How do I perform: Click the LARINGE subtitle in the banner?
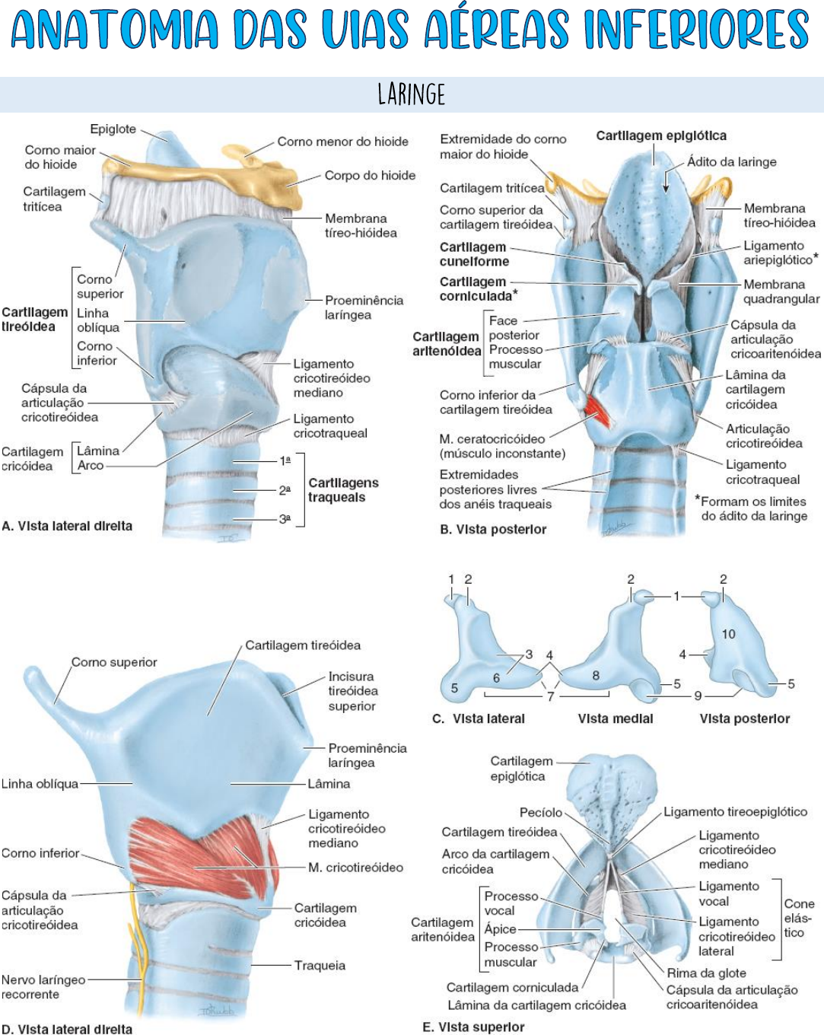pyautogui.click(x=411, y=94)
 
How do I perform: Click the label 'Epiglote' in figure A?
pyautogui.click(x=113, y=129)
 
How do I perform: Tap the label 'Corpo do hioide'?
pyautogui.click(x=370, y=175)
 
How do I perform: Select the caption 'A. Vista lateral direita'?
pyautogui.click(x=67, y=526)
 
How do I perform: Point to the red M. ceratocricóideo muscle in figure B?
pyautogui.click(x=597, y=410)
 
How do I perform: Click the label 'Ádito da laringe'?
pyautogui.click(x=731, y=161)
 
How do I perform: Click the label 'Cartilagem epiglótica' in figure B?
pyautogui.click(x=660, y=135)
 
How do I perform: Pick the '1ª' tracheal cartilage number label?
pyautogui.click(x=285, y=460)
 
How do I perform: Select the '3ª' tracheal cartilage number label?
pyautogui.click(x=285, y=518)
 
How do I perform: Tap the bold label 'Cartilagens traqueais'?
pyautogui.click(x=342, y=490)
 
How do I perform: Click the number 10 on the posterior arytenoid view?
pyautogui.click(x=728, y=634)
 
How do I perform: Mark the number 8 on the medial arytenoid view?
pyautogui.click(x=596, y=675)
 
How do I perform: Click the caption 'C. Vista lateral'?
pyautogui.click(x=479, y=718)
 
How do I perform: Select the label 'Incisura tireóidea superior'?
pyautogui.click(x=352, y=691)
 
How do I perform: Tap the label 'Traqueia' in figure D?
pyautogui.click(x=320, y=965)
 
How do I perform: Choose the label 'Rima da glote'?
pyautogui.click(x=706, y=973)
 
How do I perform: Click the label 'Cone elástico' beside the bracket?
pyautogui.click(x=799, y=918)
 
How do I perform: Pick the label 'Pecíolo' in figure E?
pyautogui.click(x=540, y=812)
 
